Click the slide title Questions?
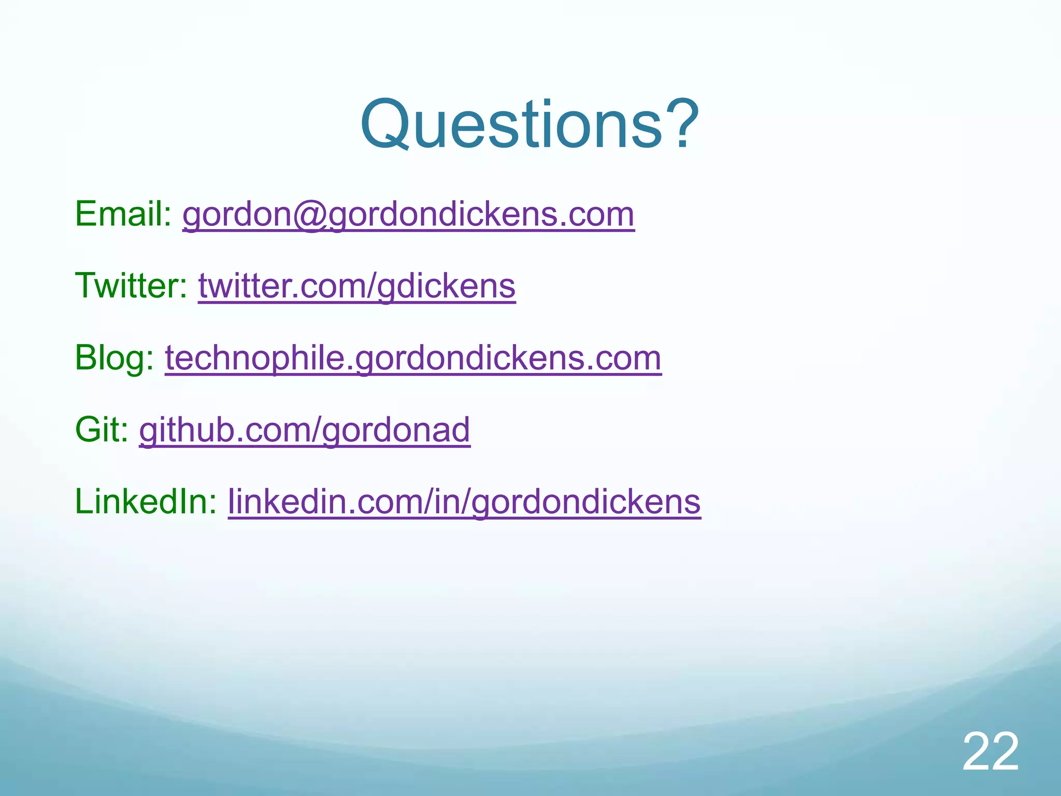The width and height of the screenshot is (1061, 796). (x=529, y=125)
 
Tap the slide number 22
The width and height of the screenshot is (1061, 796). (x=991, y=752)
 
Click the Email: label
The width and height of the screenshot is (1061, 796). (x=123, y=214)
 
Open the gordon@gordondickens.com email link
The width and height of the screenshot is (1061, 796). (x=408, y=215)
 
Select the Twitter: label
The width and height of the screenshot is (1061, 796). (x=131, y=286)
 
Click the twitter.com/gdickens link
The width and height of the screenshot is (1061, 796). (x=356, y=286)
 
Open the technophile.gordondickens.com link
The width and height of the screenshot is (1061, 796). (x=413, y=358)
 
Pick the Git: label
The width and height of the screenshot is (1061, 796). (x=102, y=430)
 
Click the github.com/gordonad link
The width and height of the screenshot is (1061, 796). (x=305, y=430)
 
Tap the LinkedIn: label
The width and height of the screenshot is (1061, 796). (x=146, y=502)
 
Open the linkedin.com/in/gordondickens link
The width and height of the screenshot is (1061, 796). (x=464, y=502)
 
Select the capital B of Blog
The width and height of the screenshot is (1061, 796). (x=85, y=358)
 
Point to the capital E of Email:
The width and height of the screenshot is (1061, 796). (x=85, y=214)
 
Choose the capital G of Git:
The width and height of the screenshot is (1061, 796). (x=88, y=430)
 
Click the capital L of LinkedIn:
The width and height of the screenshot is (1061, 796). (x=84, y=502)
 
